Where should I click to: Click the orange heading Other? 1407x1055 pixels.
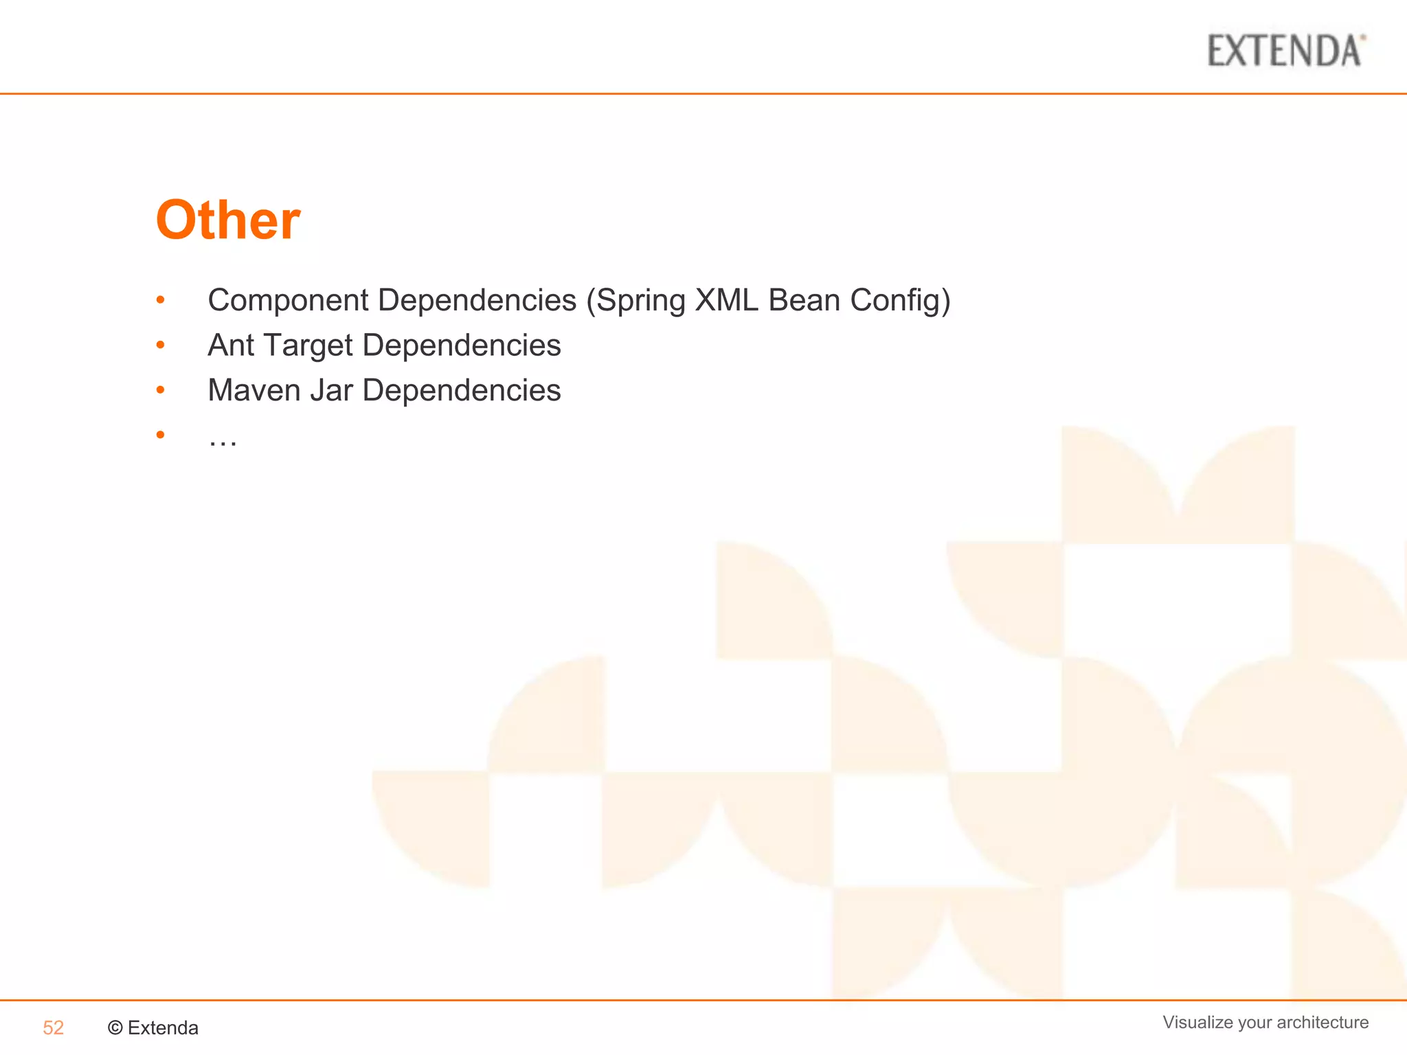pos(228,220)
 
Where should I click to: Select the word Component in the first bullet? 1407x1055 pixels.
pos(289,300)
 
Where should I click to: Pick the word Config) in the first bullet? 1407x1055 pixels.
pos(901,300)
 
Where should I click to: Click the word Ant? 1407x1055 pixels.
pos(231,345)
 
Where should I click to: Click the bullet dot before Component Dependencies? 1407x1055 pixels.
pos(160,300)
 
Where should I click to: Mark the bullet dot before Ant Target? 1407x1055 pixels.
pos(160,345)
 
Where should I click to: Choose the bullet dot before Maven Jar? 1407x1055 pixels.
pos(160,390)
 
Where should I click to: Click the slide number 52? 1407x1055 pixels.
pos(53,1028)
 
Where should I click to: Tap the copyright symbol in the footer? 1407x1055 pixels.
pos(115,1028)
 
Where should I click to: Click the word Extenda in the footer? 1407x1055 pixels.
pos(163,1028)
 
